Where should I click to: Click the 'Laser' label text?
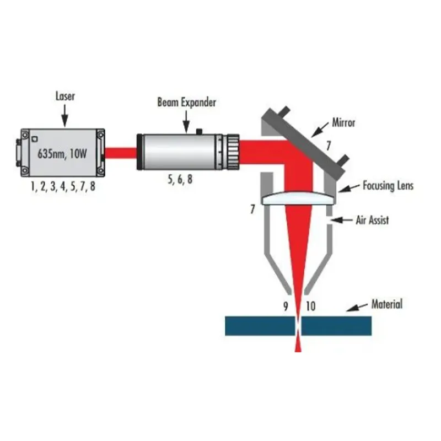pos(64,96)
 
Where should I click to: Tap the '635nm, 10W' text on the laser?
pos(62,153)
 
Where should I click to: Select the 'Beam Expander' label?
pos(186,102)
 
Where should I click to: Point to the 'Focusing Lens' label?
pos(388,186)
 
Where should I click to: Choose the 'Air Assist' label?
pos(372,220)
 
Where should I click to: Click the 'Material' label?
pos(387,304)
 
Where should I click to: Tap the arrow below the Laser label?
pos(64,115)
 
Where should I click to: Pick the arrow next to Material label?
pos(358,306)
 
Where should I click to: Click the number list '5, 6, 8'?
pos(180,178)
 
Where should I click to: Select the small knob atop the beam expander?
pos(200,131)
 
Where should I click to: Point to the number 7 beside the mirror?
pos(329,147)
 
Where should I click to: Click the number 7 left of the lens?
pos(253,210)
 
